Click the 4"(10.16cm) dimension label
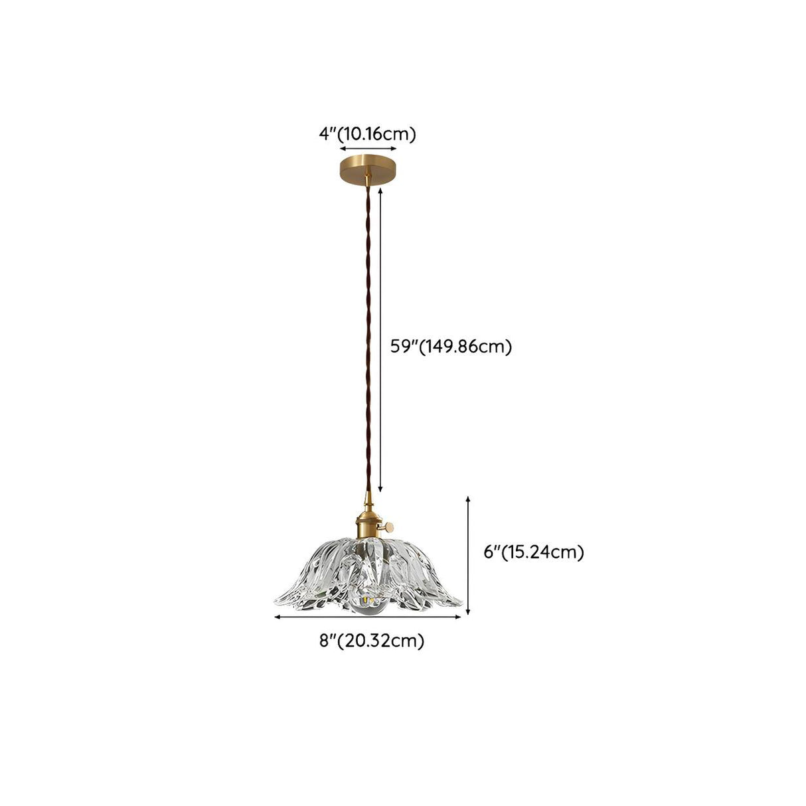click(x=367, y=135)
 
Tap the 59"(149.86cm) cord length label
click(x=451, y=347)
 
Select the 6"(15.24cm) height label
click(x=534, y=552)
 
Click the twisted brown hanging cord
click(x=367, y=339)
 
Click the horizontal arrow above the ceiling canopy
click(x=368, y=148)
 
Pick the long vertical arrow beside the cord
click(x=380, y=341)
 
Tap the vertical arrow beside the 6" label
click(x=468, y=556)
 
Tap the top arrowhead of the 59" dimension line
click(x=380, y=191)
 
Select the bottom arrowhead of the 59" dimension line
click(x=380, y=490)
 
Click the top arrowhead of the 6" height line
click(x=468, y=499)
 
